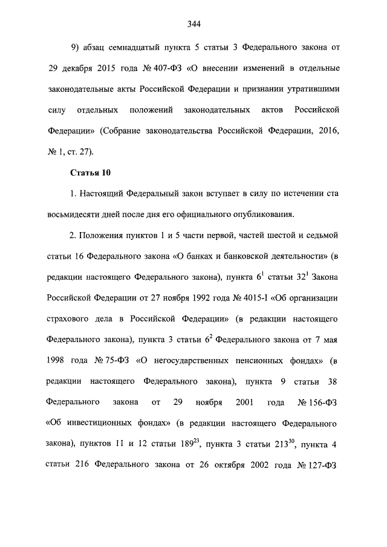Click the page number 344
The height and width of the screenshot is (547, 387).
(x=193, y=25)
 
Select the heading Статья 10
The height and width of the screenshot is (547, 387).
(x=91, y=173)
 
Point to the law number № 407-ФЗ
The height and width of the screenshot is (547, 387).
(x=167, y=66)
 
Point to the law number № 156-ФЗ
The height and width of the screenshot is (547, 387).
(x=317, y=402)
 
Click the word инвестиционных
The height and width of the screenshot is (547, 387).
(x=117, y=422)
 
